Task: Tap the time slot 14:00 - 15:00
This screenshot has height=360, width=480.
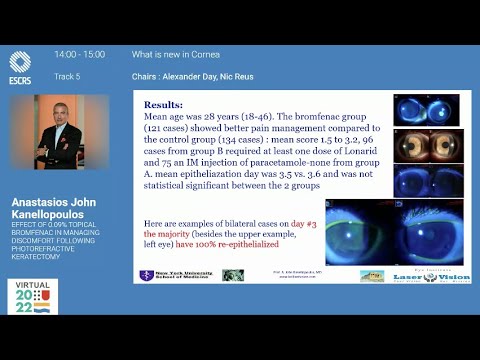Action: pos(80,54)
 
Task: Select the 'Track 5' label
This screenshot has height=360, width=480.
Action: pos(67,76)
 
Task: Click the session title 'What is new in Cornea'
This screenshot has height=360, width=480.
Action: pos(176,54)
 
